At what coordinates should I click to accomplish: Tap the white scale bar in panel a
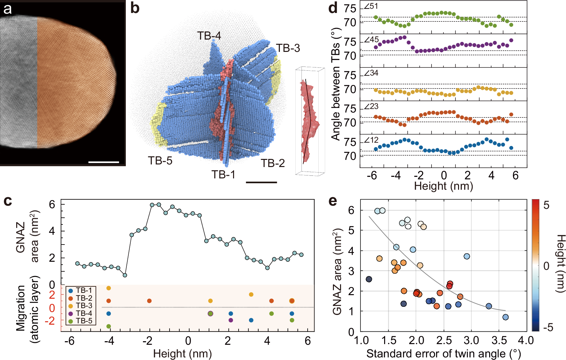click(x=103, y=162)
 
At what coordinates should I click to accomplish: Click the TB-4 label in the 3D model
click(x=209, y=36)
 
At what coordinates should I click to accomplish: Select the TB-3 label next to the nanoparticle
click(x=288, y=48)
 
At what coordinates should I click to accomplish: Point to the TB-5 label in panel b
click(x=160, y=161)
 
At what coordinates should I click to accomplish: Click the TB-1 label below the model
click(x=223, y=174)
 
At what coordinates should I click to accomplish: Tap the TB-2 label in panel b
click(x=272, y=163)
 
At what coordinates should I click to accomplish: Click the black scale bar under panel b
click(x=261, y=182)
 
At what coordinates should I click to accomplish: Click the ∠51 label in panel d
click(x=371, y=6)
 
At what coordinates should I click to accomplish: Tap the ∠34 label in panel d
click(x=371, y=73)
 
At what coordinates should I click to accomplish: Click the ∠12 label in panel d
click(x=371, y=140)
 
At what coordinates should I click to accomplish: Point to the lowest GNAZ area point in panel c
click(x=125, y=275)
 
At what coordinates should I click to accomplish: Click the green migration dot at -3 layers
click(x=109, y=326)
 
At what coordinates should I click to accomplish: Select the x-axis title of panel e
click(x=443, y=354)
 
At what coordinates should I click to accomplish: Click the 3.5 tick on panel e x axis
click(x=499, y=341)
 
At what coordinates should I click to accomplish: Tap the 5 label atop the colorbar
click(x=547, y=205)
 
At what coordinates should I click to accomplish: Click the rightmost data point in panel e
click(x=505, y=317)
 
